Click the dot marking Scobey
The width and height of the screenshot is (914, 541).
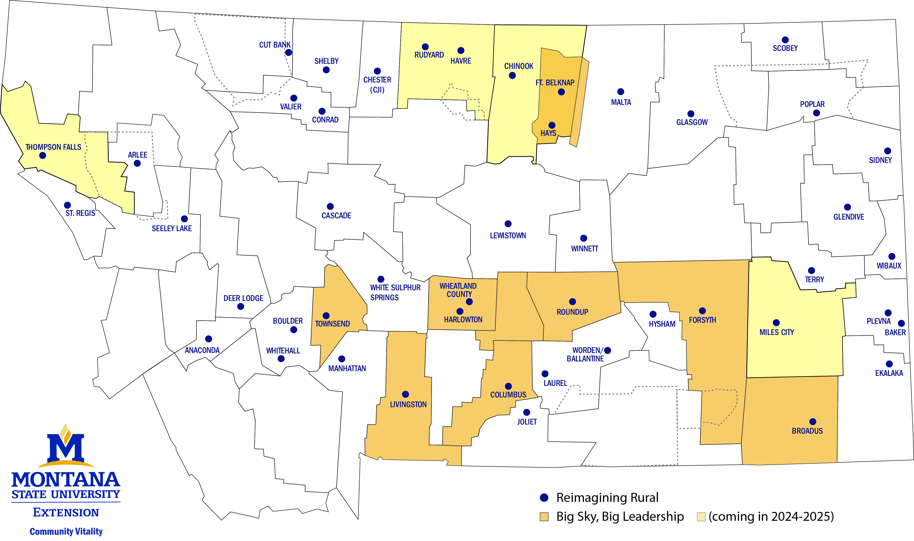[785, 40]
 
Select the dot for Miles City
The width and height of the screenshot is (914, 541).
[776, 323]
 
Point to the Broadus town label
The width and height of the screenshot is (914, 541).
[807, 431]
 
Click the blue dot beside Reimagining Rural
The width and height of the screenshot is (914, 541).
[544, 497]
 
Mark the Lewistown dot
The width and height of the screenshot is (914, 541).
[508, 224]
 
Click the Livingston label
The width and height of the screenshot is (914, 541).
[408, 404]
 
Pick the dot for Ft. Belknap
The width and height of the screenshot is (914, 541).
[561, 92]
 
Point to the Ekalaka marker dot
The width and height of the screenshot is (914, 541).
[889, 364]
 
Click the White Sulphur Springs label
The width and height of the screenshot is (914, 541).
[395, 292]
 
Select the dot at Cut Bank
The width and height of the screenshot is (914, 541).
[288, 52]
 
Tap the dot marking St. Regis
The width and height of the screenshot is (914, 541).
[67, 205]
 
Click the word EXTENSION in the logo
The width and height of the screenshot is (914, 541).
[66, 513]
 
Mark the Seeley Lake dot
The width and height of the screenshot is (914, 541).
[184, 219]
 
